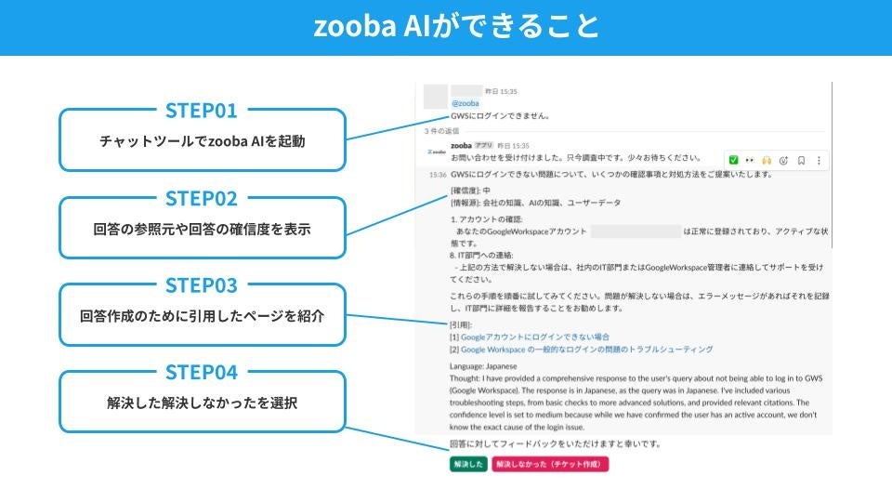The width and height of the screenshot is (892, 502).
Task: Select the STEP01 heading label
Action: click(202, 111)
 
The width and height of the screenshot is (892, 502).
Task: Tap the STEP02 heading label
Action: click(202, 198)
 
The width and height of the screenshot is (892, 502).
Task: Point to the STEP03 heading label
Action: click(202, 285)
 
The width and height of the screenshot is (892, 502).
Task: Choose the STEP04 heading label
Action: click(202, 373)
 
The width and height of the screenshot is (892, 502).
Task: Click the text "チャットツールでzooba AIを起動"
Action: click(202, 142)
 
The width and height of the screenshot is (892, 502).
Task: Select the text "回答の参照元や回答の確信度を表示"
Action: click(202, 229)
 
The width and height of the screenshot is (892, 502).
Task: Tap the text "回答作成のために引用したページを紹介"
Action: click(202, 316)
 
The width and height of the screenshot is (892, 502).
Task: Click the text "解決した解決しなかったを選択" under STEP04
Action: click(202, 403)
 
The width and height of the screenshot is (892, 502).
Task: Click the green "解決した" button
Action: click(468, 463)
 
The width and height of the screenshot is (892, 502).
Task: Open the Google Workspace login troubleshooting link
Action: click(586, 350)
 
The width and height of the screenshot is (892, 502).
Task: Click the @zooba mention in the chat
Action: click(465, 103)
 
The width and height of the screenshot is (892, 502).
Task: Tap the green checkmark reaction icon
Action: click(733, 160)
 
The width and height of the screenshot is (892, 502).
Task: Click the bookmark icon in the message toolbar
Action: click(801, 160)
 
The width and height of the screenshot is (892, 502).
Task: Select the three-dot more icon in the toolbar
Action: click(819, 160)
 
